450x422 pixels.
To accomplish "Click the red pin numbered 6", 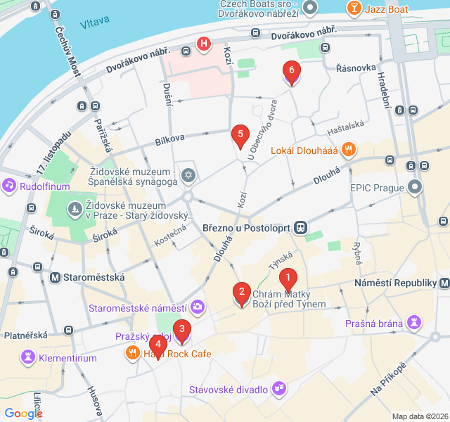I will pos(291,71).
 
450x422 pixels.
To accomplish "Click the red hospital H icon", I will pos(204,45).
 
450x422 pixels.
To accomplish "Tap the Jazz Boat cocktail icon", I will pos(353,8).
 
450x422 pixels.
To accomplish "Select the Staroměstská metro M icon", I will pos(55,277).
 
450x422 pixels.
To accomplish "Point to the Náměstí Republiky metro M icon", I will pos(444,282).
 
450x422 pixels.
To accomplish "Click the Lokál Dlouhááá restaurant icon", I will pos(348,149).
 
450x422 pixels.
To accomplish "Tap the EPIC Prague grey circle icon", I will pos(416,188).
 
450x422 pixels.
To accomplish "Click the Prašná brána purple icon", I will pos(415,324).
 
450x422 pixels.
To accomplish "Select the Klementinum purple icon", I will pos(28,357).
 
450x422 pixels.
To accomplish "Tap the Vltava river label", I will pos(95,24).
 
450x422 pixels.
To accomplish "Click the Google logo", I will pos(23,413).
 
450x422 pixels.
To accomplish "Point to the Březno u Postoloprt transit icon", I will pos(301,227).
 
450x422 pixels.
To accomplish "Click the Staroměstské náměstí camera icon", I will pos(198,307).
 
